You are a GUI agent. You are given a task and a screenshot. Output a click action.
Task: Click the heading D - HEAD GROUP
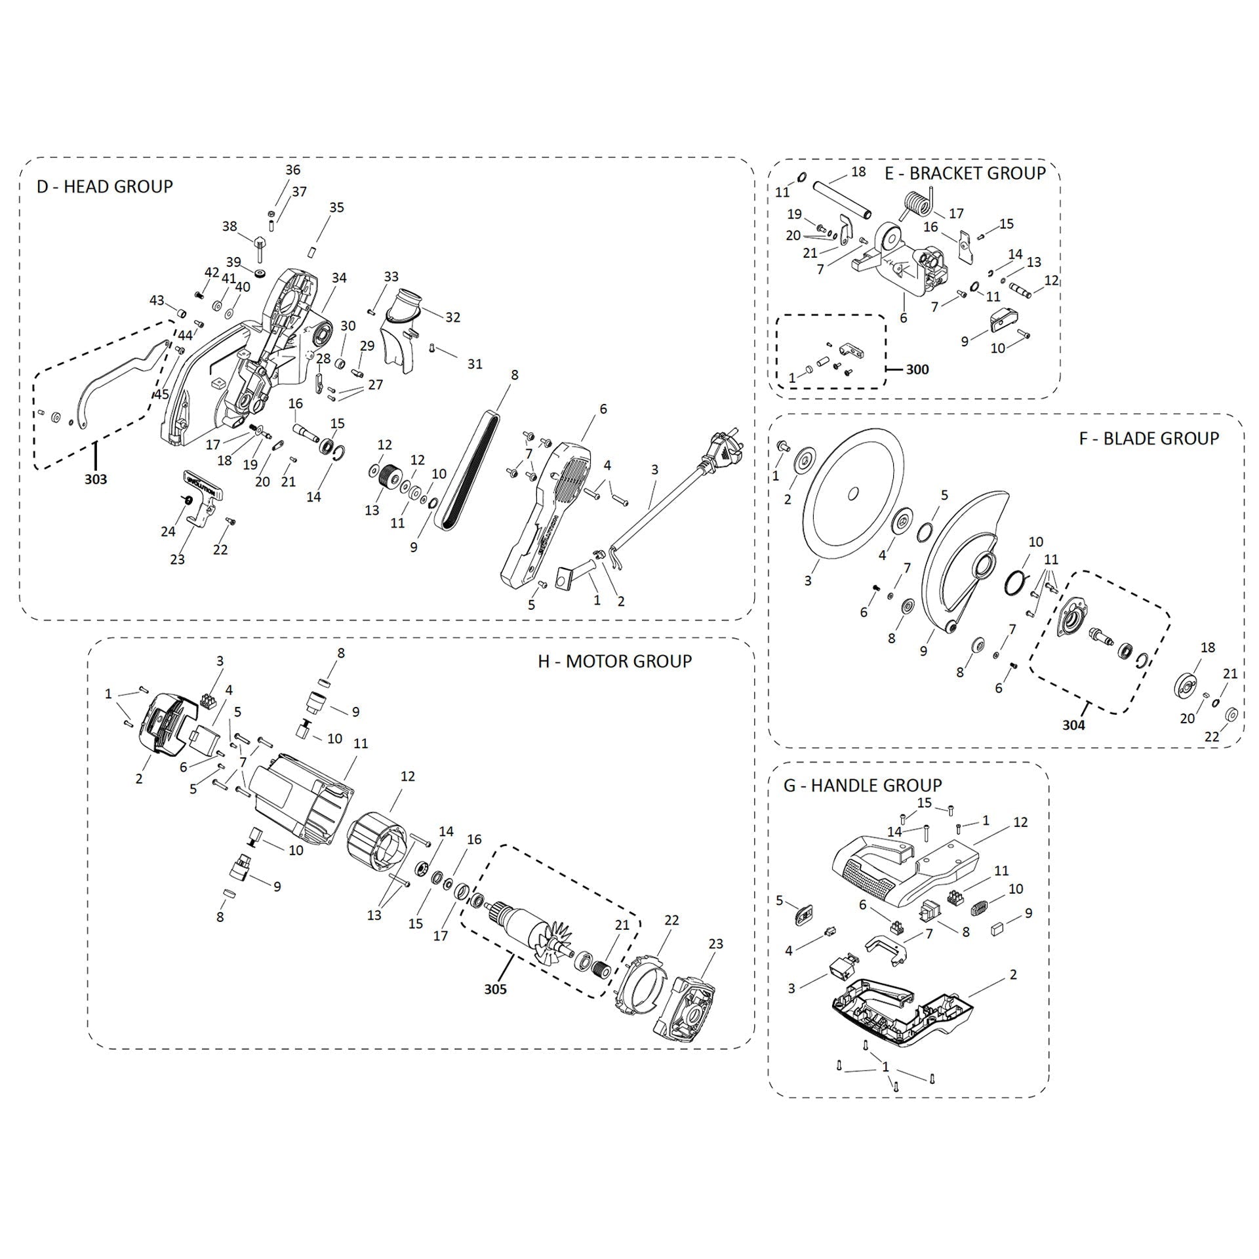point(104,186)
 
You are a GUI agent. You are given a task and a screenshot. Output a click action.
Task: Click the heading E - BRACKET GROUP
point(965,173)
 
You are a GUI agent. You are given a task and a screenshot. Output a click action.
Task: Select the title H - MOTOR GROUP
point(614,661)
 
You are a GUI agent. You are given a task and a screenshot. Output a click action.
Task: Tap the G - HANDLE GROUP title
point(862,785)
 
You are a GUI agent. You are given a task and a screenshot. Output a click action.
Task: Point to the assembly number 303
point(95,479)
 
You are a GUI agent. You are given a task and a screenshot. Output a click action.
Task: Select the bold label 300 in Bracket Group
point(917,369)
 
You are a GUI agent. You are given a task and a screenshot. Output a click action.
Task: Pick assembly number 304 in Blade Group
point(1073,725)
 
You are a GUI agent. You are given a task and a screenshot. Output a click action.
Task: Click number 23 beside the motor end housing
point(715,944)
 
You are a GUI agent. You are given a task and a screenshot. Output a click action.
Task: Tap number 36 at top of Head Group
point(292,170)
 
